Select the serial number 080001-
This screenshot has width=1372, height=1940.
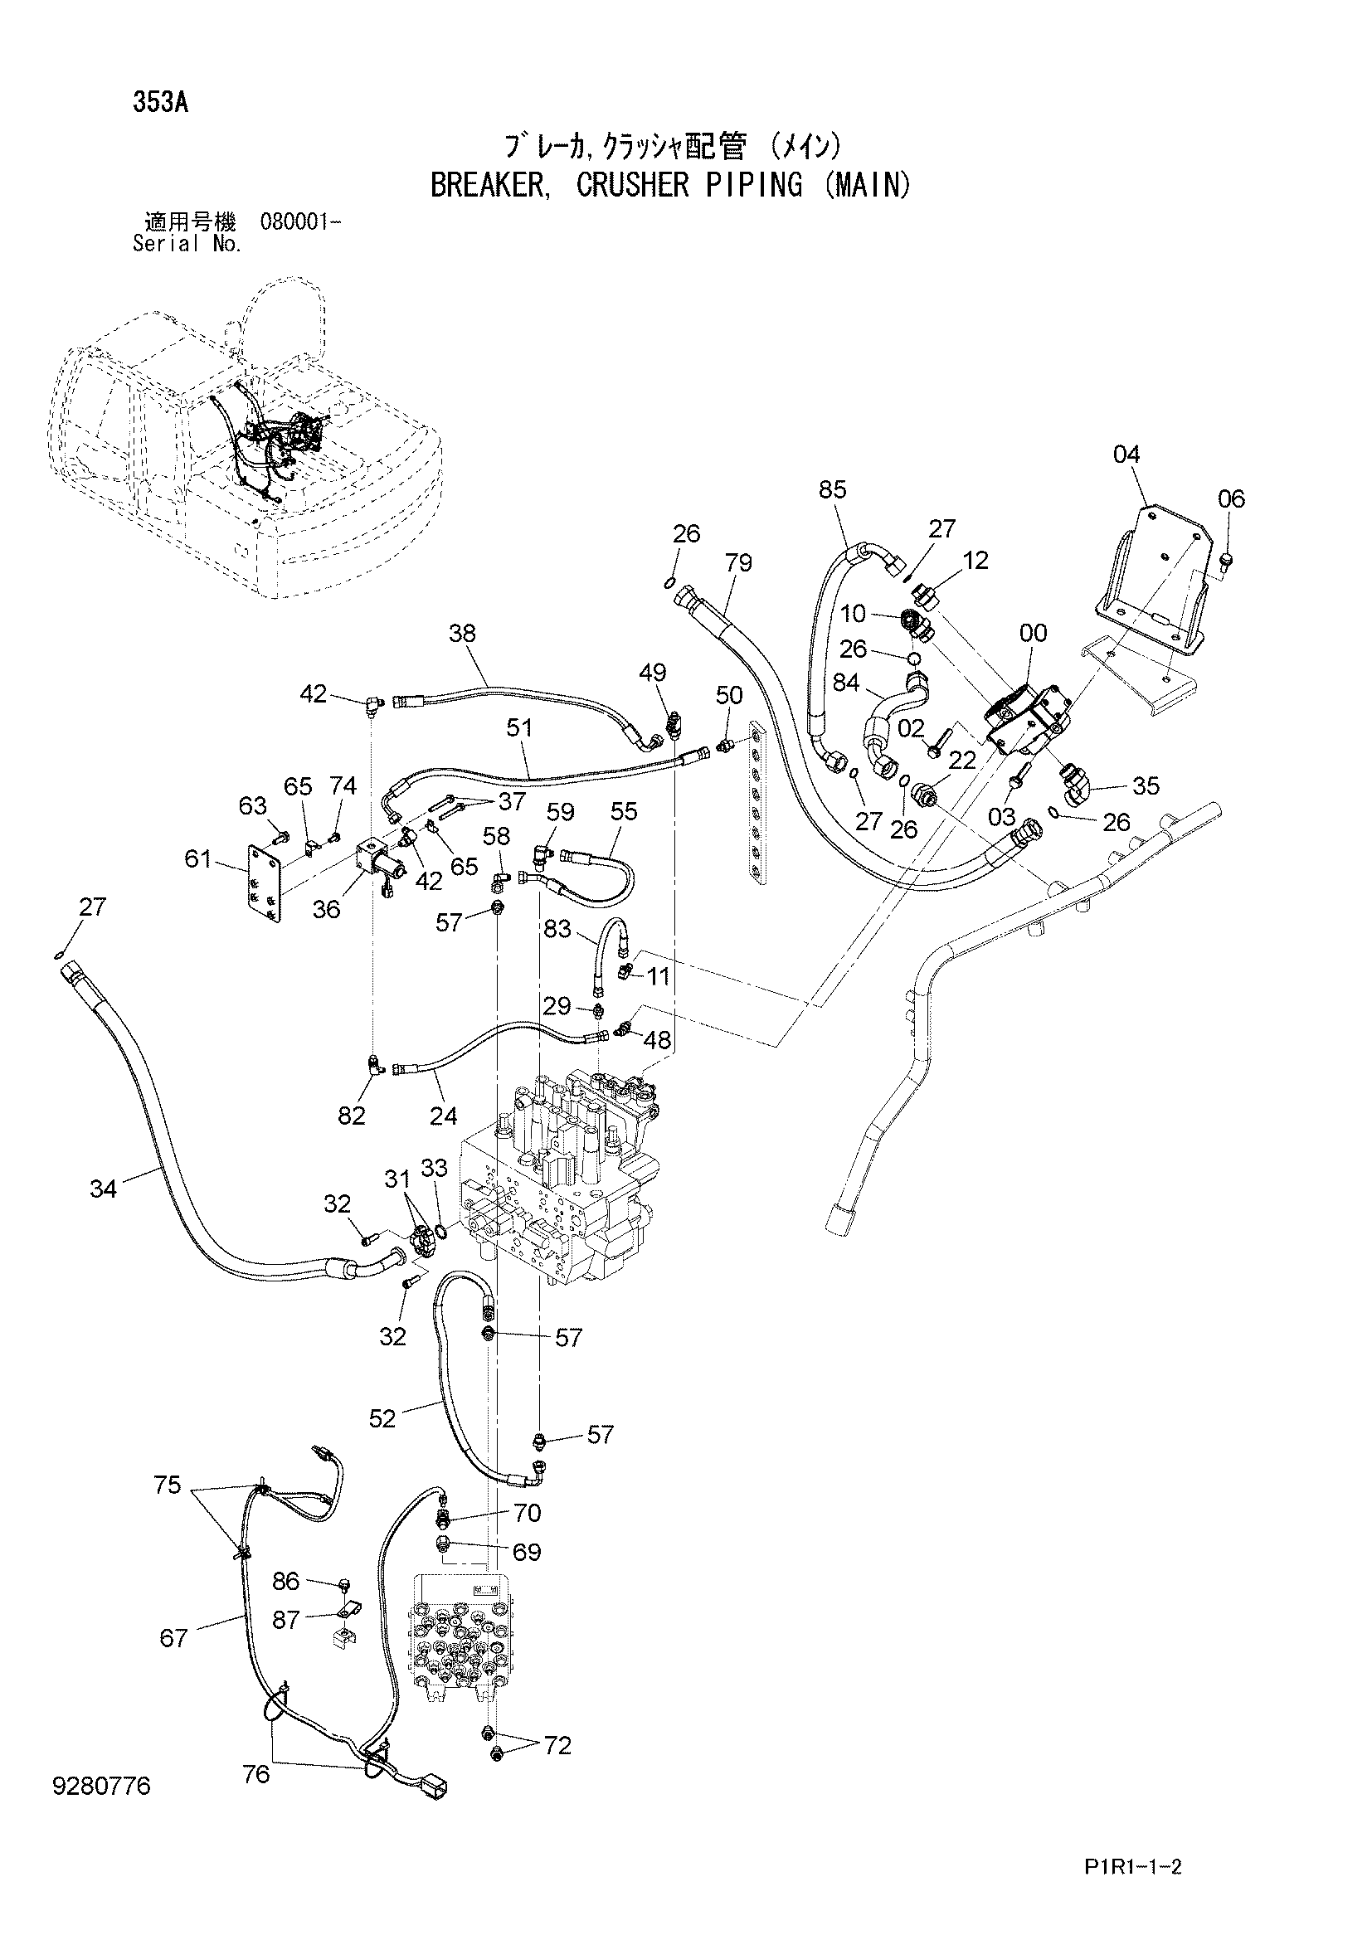[x=301, y=223]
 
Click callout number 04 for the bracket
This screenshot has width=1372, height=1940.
[x=1126, y=455]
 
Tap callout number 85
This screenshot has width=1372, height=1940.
[x=832, y=489]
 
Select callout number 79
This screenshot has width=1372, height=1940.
[x=738, y=562]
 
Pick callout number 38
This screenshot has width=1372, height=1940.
[x=462, y=633]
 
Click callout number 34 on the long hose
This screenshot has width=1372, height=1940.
[x=103, y=1189]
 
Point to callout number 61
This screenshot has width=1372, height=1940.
[x=198, y=860]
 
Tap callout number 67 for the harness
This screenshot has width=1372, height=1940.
[x=173, y=1638]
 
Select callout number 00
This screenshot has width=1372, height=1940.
[x=1034, y=633]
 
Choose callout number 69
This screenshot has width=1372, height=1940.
[x=527, y=1552]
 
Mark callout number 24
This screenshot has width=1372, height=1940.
[x=443, y=1116]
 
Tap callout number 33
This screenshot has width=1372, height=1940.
[x=433, y=1169]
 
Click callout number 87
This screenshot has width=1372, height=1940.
[x=286, y=1619]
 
